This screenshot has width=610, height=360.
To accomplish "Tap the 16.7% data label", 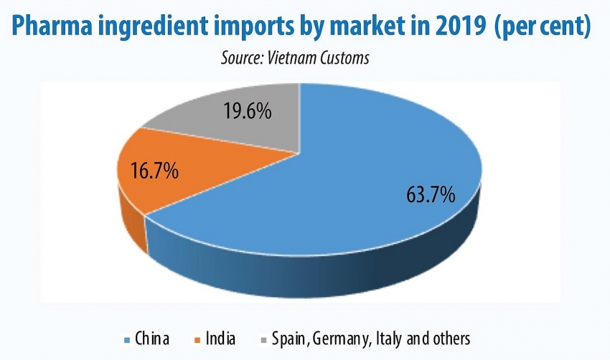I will (154, 171).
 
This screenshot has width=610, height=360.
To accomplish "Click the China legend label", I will (153, 338).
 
